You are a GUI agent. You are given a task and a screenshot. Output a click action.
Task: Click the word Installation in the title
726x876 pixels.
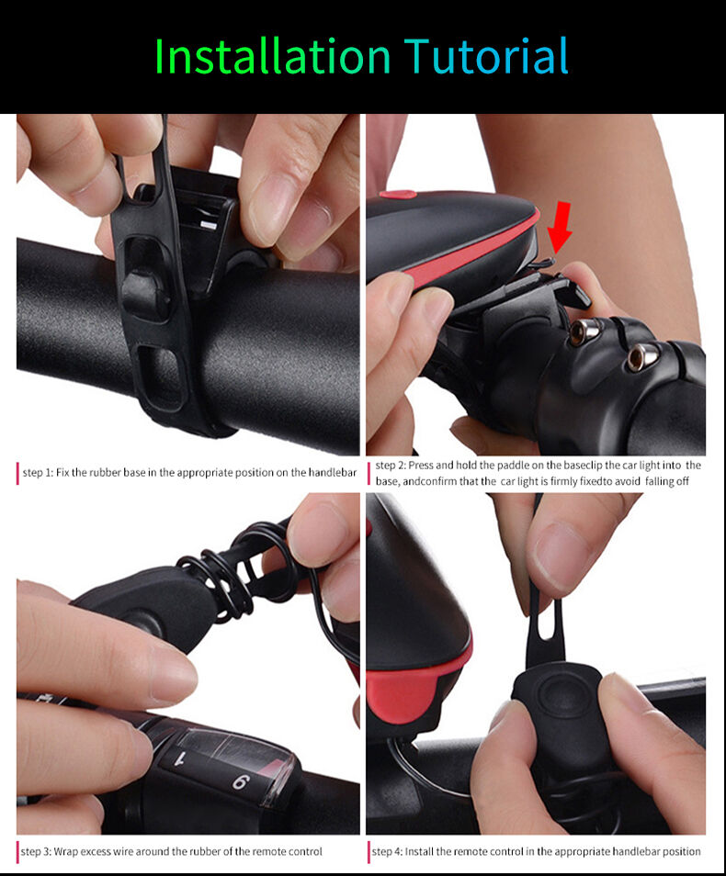(272, 56)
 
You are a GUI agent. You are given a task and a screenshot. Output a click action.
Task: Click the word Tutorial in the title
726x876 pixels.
(486, 56)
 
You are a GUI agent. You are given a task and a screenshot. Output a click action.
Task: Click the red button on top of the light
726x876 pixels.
(398, 195)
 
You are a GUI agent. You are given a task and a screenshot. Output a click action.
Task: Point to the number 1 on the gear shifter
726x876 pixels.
(180, 758)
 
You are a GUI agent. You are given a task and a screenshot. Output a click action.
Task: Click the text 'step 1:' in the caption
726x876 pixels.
(38, 473)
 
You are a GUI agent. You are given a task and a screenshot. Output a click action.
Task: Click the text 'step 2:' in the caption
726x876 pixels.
(391, 466)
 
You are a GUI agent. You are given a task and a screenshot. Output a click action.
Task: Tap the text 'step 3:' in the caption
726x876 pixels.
(36, 852)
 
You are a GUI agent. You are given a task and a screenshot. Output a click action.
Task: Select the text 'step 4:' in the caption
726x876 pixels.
(387, 851)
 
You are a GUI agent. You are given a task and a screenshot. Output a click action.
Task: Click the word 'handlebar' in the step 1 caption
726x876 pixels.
(333, 473)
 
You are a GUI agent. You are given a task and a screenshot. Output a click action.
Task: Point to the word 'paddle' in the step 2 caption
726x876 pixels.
(512, 465)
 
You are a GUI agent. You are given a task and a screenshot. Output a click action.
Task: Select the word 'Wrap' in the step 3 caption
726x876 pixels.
(65, 851)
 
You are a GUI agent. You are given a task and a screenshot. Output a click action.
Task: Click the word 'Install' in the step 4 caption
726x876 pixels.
(419, 851)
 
